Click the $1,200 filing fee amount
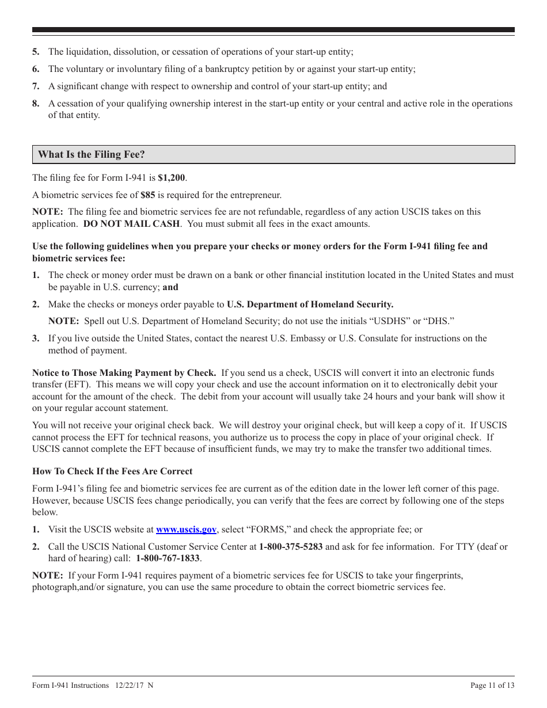point(172,178)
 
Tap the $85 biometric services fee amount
point(148,195)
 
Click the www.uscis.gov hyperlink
point(186,530)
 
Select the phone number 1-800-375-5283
point(291,547)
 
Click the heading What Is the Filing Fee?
point(92,155)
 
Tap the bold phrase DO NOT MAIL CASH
point(132,224)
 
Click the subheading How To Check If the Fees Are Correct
point(112,471)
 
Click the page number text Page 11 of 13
point(492,685)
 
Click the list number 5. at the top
point(36,52)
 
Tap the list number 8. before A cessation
point(36,104)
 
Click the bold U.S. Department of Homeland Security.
point(310,304)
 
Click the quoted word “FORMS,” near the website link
point(267,530)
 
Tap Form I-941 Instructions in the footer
point(70,685)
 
